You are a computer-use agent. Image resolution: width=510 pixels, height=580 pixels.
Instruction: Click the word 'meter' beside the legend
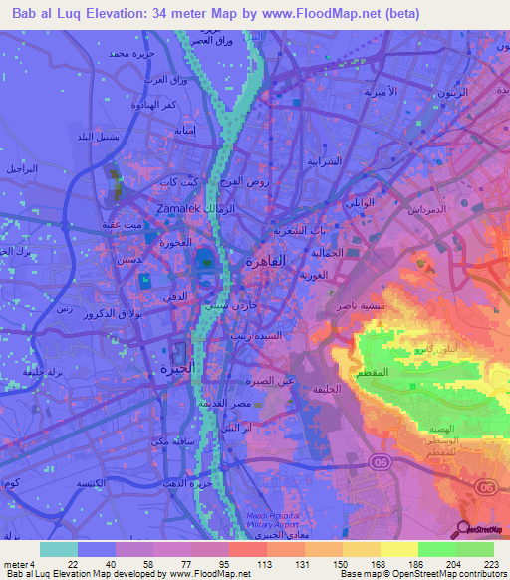[15, 564]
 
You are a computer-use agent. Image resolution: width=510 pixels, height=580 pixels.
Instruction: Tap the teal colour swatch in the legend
[59, 549]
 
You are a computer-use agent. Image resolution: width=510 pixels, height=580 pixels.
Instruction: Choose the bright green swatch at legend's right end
[475, 549]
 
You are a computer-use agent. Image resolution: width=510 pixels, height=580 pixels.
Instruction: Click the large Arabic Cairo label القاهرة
[265, 260]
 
